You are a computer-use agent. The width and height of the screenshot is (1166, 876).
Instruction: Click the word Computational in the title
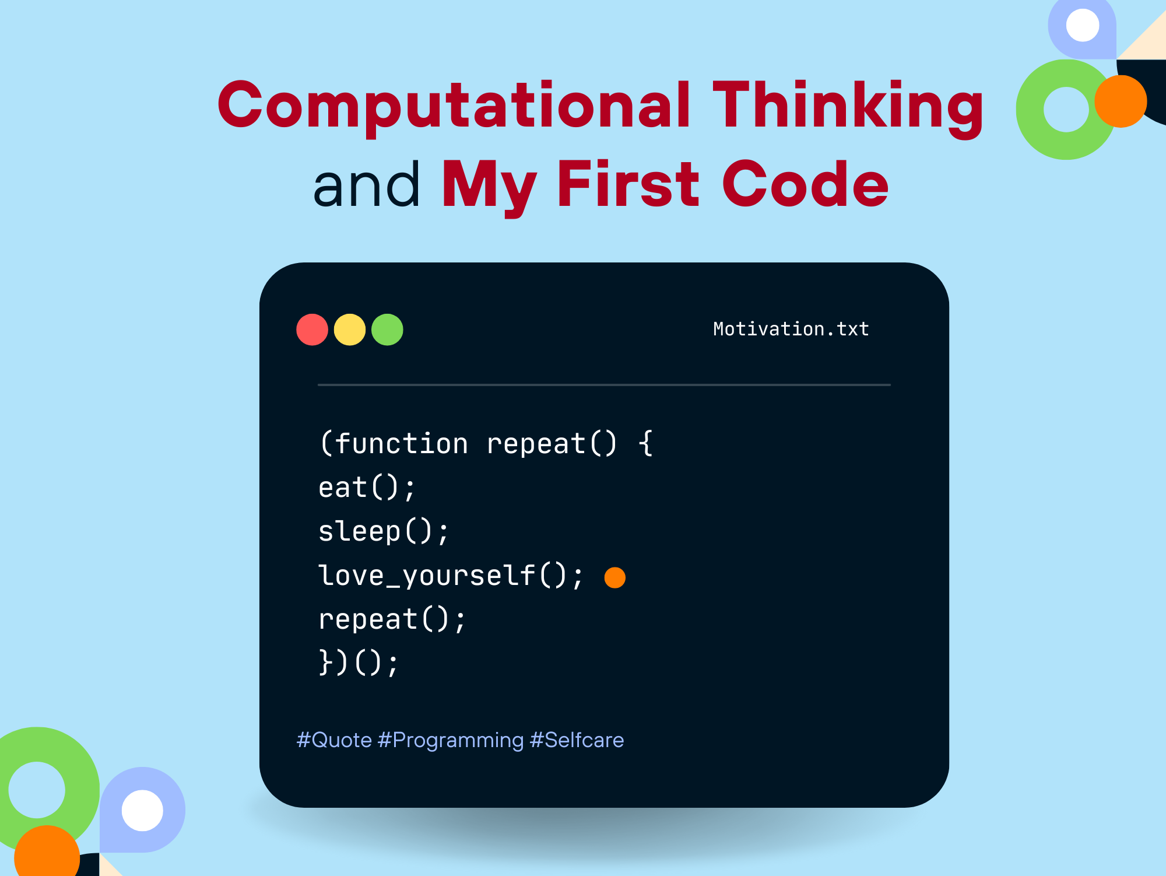(454, 105)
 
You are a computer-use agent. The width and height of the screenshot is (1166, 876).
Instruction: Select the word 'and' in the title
(366, 184)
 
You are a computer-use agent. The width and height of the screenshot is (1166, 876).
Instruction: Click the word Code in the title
(806, 184)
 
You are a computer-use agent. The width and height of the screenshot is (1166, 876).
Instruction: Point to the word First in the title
(628, 184)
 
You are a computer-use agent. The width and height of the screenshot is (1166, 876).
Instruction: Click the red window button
(312, 330)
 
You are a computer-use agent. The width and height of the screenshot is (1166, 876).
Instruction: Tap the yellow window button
(350, 330)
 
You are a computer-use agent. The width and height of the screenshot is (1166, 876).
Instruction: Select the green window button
(387, 330)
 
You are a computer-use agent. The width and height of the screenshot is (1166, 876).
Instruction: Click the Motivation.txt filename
(791, 329)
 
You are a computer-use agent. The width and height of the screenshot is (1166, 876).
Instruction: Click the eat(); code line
(367, 488)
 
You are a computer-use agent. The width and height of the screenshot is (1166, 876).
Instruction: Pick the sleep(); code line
(384, 532)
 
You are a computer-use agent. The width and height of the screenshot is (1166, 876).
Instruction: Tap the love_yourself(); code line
(451, 576)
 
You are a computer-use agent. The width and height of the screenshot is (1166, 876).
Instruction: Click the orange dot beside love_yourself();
(615, 577)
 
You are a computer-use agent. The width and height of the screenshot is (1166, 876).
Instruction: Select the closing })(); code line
(359, 663)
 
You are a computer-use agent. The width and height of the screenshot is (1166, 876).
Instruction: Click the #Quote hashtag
(334, 740)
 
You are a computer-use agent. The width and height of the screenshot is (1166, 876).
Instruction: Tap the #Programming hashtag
(451, 740)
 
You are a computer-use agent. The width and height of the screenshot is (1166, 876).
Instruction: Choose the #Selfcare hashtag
(577, 740)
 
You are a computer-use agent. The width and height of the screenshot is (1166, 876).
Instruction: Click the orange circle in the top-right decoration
(1121, 101)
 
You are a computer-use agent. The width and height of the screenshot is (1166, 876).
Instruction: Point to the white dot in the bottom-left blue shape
(142, 810)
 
